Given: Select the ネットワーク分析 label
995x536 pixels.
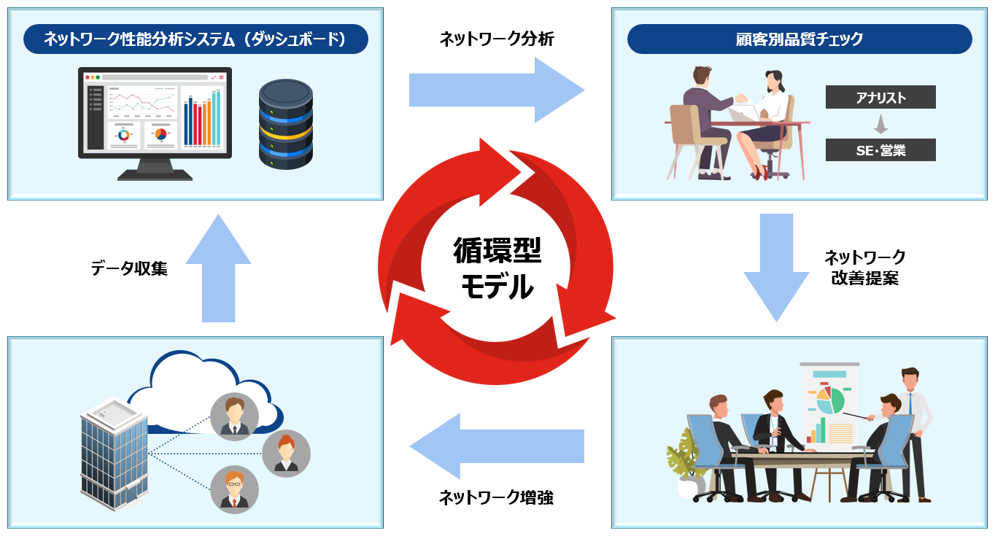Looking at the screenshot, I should pos(496,39).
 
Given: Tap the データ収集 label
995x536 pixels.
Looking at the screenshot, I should pos(129,268).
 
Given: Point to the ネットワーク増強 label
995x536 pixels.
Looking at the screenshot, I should pos(496,497).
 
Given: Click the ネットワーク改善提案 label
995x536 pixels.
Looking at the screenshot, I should pos(864,267).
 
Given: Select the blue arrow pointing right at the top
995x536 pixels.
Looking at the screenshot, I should pos(496,90).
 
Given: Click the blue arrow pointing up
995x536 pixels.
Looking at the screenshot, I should pos(218,268).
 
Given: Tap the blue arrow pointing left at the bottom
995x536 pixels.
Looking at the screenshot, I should pos(496,446).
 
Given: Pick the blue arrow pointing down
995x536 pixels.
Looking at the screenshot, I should pos(776,267).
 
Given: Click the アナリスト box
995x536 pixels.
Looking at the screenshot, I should pos(880,97).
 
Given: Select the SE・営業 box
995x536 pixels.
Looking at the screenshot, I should pos(880,150).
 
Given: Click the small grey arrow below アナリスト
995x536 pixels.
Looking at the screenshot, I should pos(880,124).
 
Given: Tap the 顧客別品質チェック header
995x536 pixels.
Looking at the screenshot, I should pos(800,39).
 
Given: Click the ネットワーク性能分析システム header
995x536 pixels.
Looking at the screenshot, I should pos(195,39).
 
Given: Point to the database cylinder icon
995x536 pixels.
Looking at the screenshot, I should pos(285,125).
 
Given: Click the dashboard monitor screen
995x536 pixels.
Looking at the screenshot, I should pos(155,113).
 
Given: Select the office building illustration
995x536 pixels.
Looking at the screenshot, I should pos(114,452).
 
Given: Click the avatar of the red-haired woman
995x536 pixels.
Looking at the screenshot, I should pos(286,454).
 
